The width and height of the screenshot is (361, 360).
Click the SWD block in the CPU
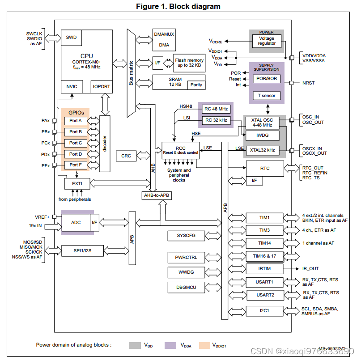pos(71,38)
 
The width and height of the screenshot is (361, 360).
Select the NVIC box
pos(72,87)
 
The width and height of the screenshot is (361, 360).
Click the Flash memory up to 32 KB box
pos(189,63)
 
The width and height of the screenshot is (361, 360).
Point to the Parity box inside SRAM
pos(196,85)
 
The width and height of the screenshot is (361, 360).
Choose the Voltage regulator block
pos(267,41)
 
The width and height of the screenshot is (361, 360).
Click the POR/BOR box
pos(267,79)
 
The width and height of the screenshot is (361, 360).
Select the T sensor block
pos(267,95)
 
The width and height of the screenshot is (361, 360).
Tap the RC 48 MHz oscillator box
pos(216,109)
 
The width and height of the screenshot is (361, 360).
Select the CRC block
pos(126,156)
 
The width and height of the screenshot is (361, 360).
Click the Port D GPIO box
pos(76,154)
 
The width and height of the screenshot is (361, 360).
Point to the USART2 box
pos(264,295)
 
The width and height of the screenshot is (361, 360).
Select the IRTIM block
pos(264,269)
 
